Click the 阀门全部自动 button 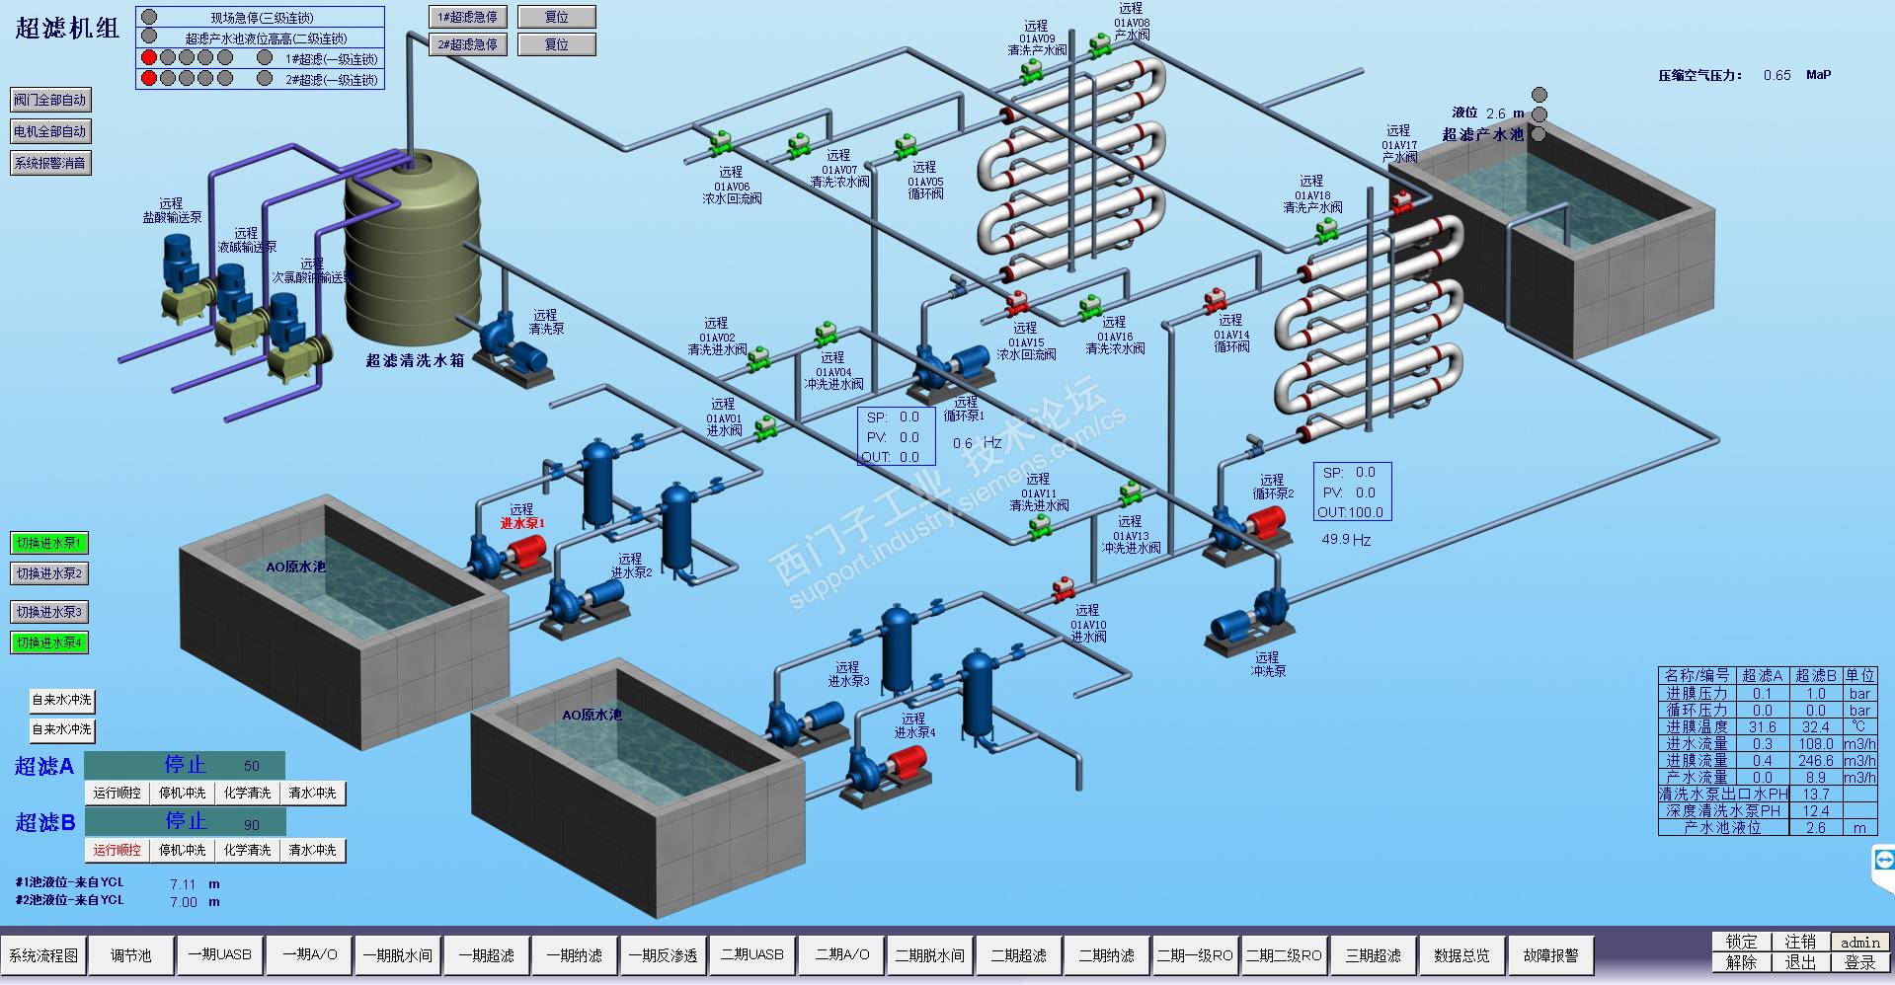point(50,100)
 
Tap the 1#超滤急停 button point(468,17)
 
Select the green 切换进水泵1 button point(49,543)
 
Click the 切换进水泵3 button point(49,612)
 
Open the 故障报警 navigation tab point(1550,955)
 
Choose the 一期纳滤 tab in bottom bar point(574,955)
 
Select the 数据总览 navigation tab point(1461,955)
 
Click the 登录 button point(1859,962)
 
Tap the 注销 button point(1800,942)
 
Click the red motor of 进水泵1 point(528,550)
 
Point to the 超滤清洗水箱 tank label point(415,360)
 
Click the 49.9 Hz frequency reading point(1346,540)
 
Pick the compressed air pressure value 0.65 point(1777,75)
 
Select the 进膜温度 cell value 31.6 point(1763,726)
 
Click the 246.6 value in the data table point(1815,760)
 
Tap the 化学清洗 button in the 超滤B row point(247,850)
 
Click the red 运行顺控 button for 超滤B point(118,850)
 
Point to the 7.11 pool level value point(183,884)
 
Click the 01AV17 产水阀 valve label point(1398,144)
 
